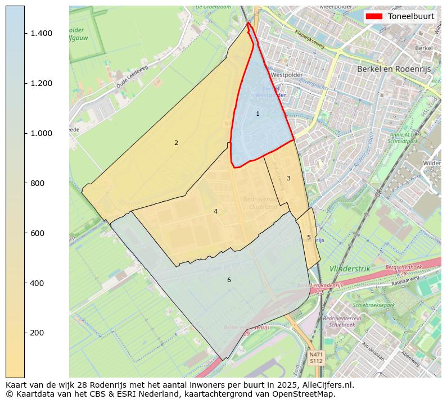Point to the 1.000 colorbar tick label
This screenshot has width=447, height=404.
pyautogui.click(x=41, y=134)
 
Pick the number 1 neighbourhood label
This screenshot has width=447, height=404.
pyautogui.click(x=258, y=114)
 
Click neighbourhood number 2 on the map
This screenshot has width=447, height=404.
pyautogui.click(x=176, y=143)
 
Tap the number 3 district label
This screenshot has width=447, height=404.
pyautogui.click(x=288, y=179)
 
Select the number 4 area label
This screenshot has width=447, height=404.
pyautogui.click(x=215, y=212)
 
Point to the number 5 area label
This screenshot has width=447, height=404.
pyautogui.click(x=309, y=238)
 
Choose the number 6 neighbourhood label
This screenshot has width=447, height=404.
pyautogui.click(x=229, y=280)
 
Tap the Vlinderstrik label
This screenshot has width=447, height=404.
pyautogui.click(x=350, y=269)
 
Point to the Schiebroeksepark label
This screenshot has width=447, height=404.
pyautogui.click(x=373, y=305)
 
